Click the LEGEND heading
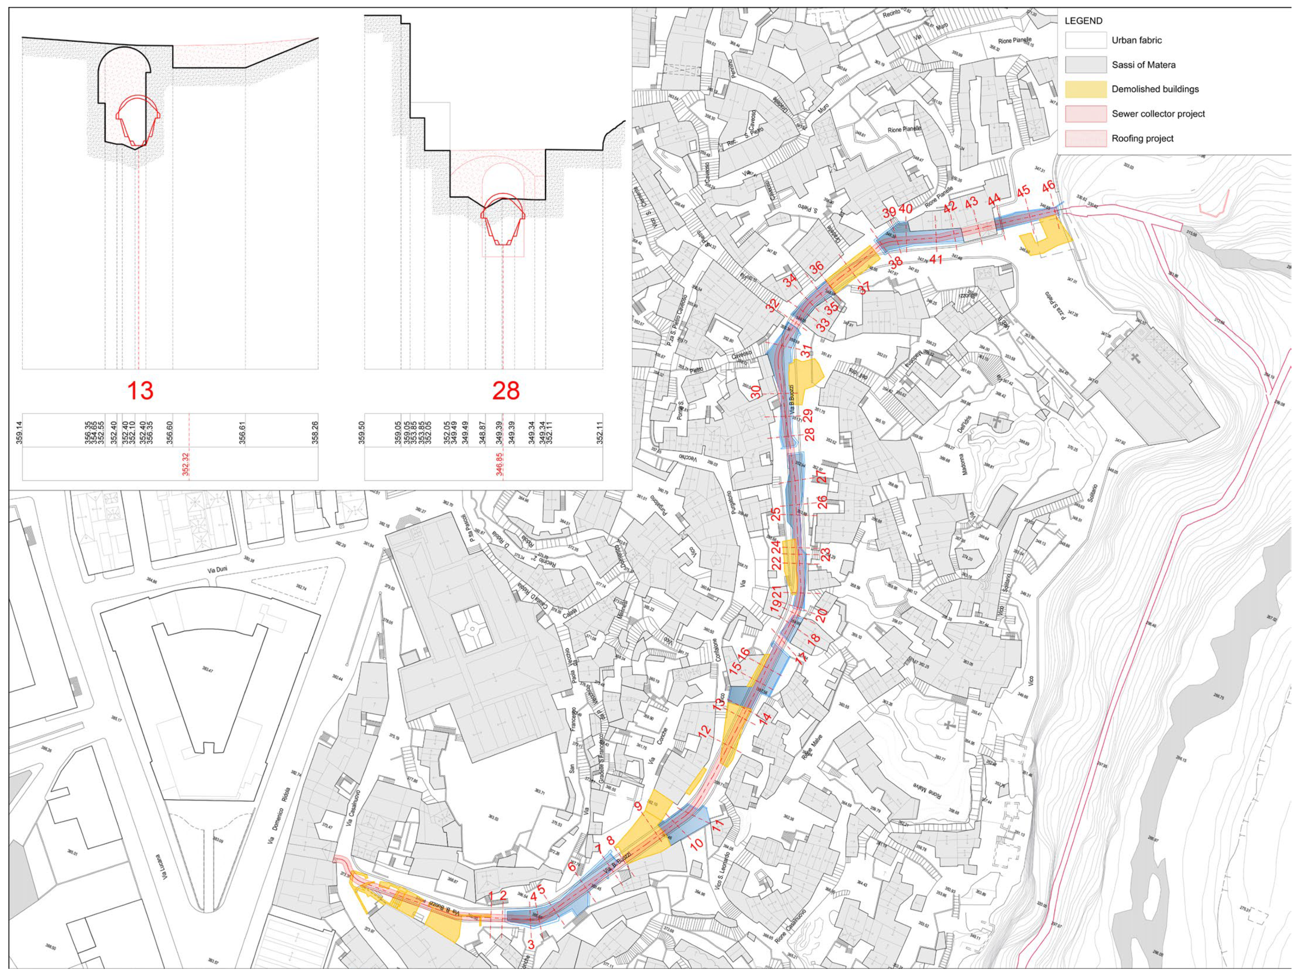click(1083, 21)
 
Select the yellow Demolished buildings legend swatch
click(1086, 89)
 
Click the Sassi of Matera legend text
click(1143, 65)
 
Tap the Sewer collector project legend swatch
click(1086, 114)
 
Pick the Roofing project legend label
click(1142, 138)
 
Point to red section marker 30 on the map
click(755, 392)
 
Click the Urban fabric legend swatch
click(1086, 40)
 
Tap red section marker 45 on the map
click(1023, 191)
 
